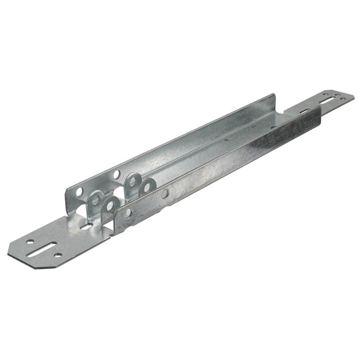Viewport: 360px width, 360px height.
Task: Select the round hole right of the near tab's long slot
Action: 58,255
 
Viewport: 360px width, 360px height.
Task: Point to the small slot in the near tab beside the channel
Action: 86,226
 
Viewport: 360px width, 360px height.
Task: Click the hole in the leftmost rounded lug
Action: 96,200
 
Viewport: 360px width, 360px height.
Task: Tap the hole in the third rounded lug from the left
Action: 133,182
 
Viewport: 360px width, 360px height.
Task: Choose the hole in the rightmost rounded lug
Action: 147,187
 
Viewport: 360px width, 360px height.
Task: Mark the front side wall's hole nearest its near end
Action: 128,213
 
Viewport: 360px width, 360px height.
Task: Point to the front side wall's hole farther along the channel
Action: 165,193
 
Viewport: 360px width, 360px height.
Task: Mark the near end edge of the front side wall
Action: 115,225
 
